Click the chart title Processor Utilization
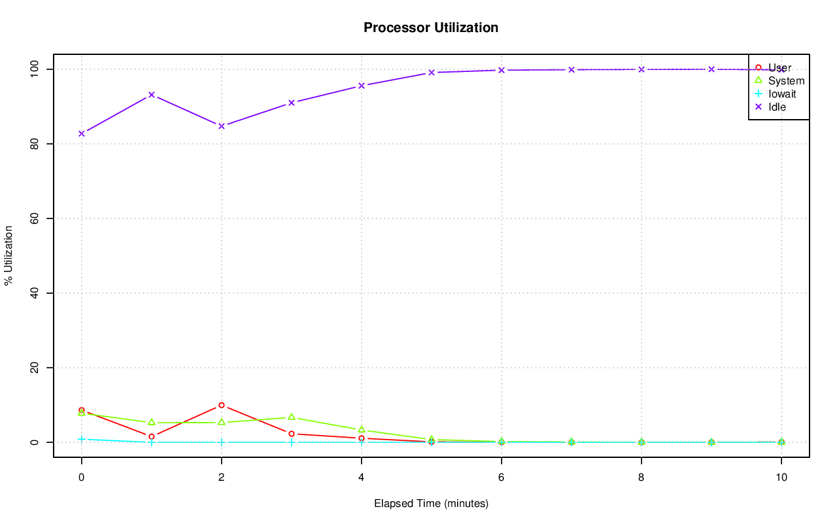tap(431, 27)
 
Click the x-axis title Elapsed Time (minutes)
tap(431, 504)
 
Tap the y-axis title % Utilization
tap(9, 255)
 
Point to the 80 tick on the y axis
tap(35, 143)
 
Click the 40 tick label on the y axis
tap(35, 293)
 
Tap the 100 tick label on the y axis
tap(35, 69)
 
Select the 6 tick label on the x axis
tap(502, 478)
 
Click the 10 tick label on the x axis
tap(781, 478)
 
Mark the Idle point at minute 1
tap(152, 95)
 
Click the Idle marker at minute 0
tap(82, 133)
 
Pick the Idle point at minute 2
tap(222, 126)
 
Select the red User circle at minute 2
tap(222, 405)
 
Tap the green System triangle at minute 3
tap(292, 417)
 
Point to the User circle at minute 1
tap(152, 436)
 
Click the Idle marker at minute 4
tap(362, 86)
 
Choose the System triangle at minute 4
tap(362, 429)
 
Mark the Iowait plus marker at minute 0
tap(82, 439)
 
